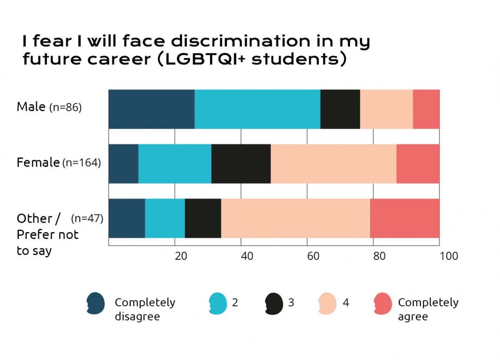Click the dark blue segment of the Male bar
pyautogui.click(x=151, y=109)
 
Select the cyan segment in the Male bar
pyautogui.click(x=257, y=109)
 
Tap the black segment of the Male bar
pyautogui.click(x=340, y=109)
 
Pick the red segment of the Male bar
pyautogui.click(x=426, y=109)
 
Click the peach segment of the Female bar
pyautogui.click(x=333, y=164)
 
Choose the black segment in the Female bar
pyautogui.click(x=241, y=164)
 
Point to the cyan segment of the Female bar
pyautogui.click(x=175, y=164)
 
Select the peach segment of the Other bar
pyautogui.click(x=296, y=218)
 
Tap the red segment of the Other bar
pyautogui.click(x=405, y=218)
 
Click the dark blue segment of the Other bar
pyautogui.click(x=127, y=218)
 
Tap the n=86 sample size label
pyautogui.click(x=66, y=108)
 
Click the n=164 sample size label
pyautogui.click(x=81, y=163)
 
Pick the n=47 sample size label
pyautogui.click(x=87, y=218)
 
